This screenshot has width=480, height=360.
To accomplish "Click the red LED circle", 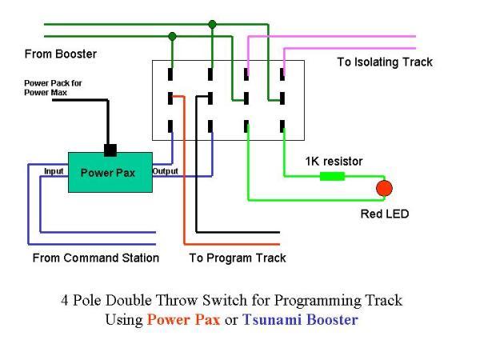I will (x=384, y=189).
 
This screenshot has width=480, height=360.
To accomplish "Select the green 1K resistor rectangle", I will (x=332, y=176).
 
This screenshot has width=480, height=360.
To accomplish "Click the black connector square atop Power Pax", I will (x=110, y=149).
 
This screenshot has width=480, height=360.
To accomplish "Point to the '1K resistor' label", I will (x=334, y=162).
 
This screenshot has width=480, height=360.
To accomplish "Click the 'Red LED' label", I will (x=384, y=214).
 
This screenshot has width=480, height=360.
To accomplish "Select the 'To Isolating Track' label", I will (x=384, y=62).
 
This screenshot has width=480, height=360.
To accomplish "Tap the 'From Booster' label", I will (x=61, y=54).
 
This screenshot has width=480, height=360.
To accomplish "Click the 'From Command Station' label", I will (x=95, y=258).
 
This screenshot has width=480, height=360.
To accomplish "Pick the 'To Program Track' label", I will (x=238, y=258).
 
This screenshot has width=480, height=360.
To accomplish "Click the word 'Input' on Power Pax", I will (x=54, y=171).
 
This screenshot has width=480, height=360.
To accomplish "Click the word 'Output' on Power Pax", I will (x=165, y=171).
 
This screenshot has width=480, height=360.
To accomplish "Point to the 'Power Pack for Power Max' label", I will (x=53, y=86).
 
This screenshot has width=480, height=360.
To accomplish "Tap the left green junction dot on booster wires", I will (x=172, y=36).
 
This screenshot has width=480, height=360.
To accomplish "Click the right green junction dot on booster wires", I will (x=212, y=24).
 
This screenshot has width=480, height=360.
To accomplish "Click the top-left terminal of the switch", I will (x=171, y=74).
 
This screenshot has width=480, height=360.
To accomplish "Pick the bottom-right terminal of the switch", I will (x=283, y=126).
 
